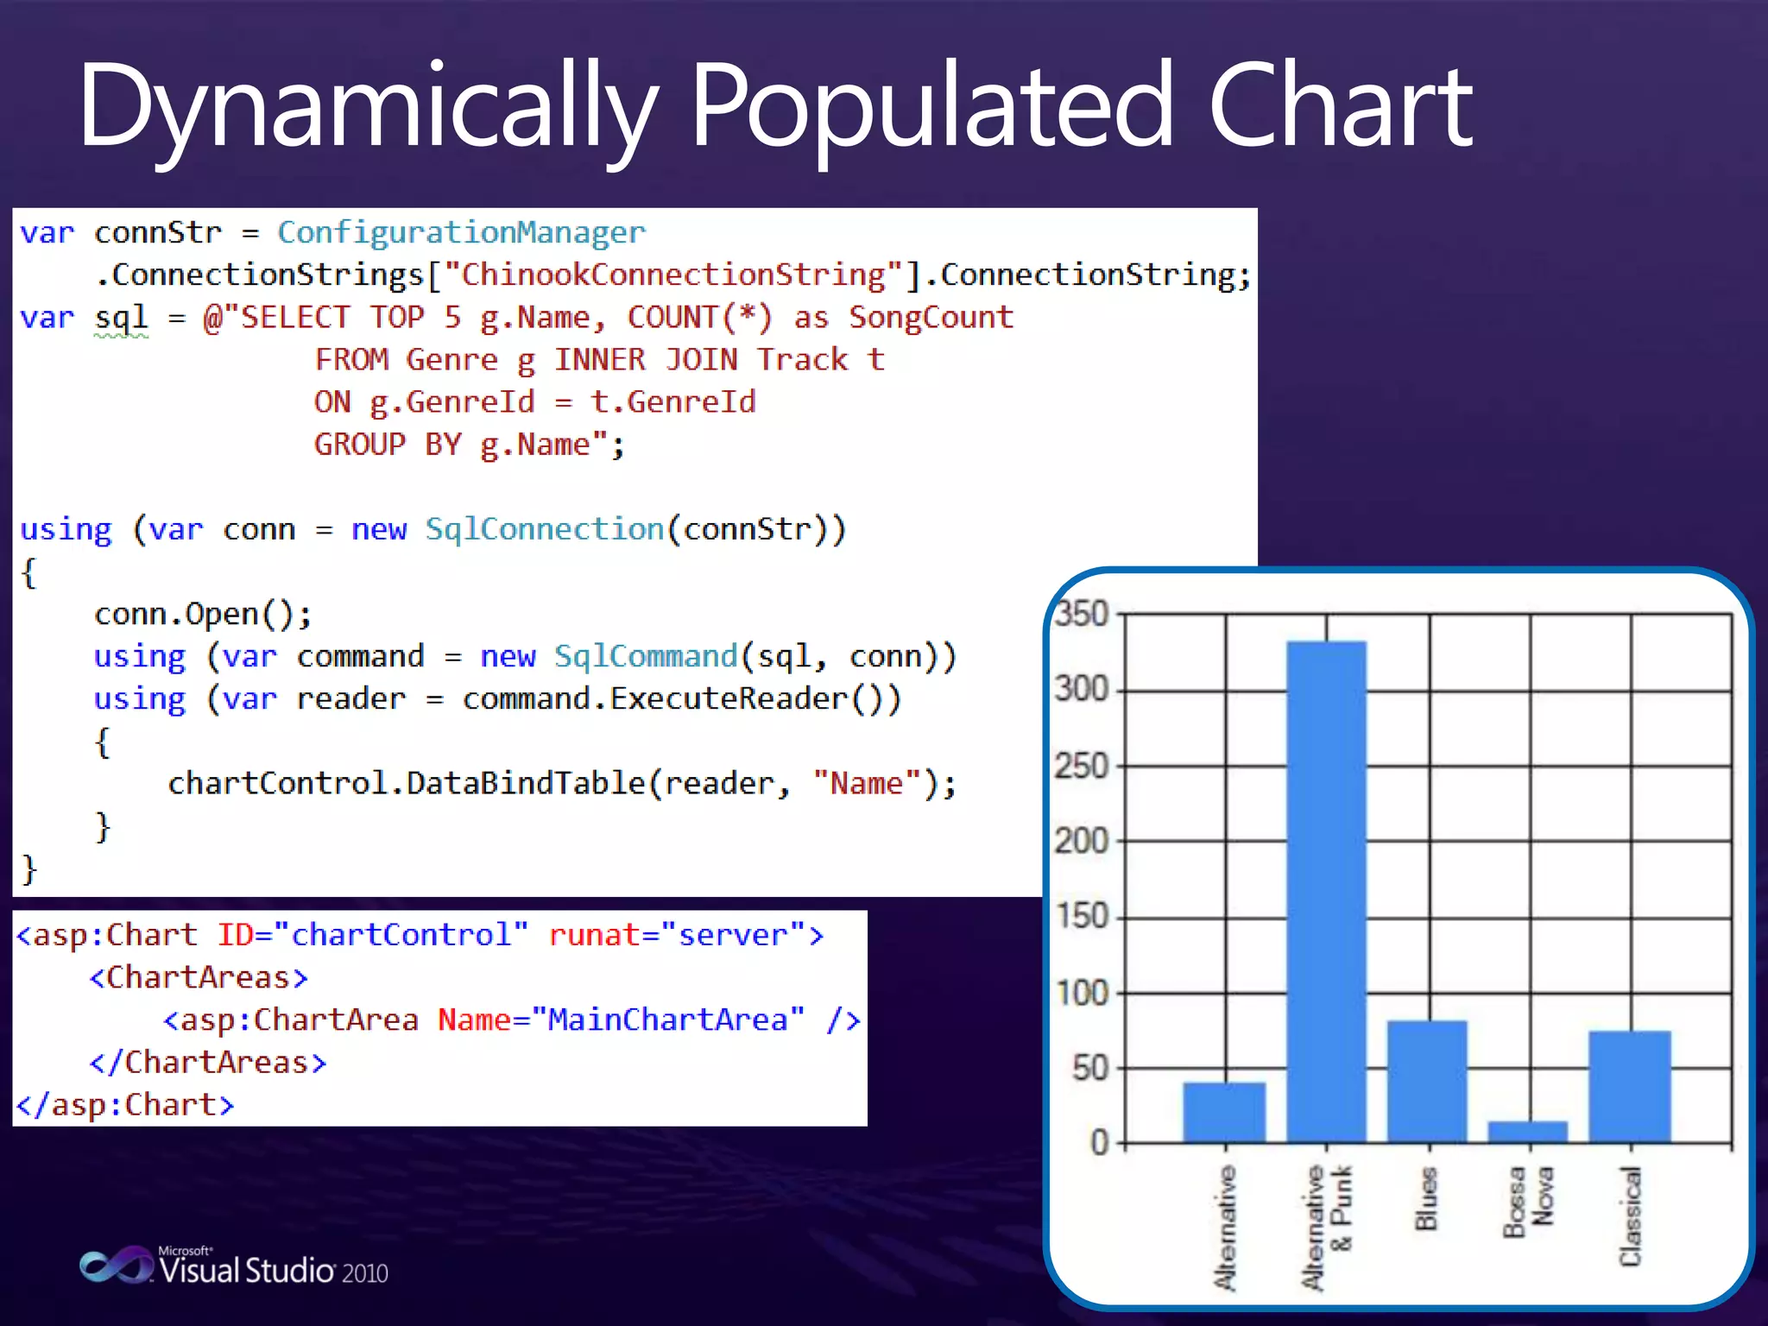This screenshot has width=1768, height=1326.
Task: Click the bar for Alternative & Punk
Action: [1326, 889]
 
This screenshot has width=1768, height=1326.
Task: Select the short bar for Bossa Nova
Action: [1527, 1132]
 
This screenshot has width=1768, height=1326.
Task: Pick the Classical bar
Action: [1629, 1086]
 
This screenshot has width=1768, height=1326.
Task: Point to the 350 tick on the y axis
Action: [1081, 615]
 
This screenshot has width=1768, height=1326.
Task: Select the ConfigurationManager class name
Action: [461, 232]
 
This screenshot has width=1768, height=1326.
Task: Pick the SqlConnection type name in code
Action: [545, 528]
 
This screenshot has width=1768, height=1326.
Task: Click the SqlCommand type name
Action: [646, 656]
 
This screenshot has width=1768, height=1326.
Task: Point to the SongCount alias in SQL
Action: [931, 317]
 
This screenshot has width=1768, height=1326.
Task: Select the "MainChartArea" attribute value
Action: [667, 1020]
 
